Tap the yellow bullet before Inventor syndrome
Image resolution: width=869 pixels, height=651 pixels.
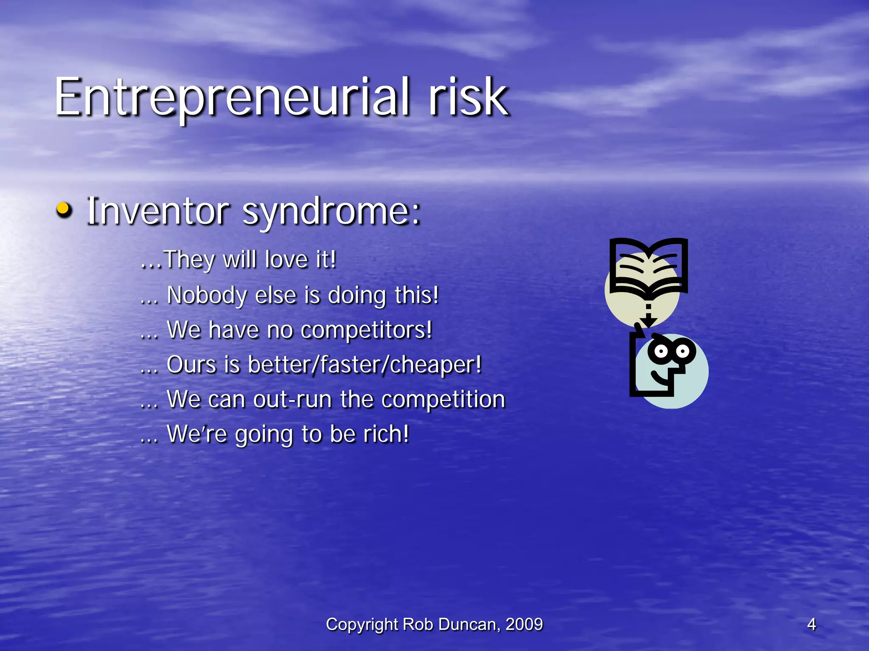64,209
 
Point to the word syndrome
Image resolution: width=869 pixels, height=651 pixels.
331,212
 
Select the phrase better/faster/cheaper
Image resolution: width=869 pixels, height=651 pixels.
365,365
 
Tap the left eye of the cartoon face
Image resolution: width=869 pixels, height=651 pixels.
661,351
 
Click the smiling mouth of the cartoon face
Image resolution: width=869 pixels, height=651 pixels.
658,377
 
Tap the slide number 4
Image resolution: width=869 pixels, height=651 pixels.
811,624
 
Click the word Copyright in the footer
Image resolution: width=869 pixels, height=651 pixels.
362,624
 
